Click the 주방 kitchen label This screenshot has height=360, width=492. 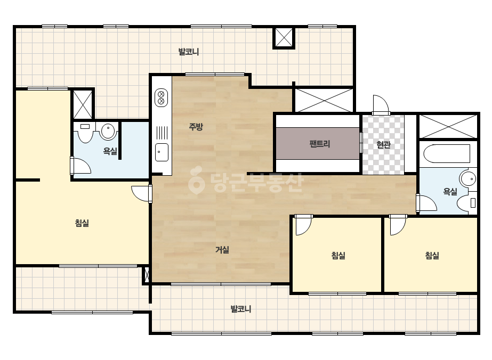coord(196,127)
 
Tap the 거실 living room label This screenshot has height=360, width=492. coord(222,250)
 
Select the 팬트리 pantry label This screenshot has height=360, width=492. coord(319,144)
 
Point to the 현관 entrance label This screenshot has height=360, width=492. coord(383,144)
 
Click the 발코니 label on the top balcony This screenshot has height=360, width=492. coord(189,52)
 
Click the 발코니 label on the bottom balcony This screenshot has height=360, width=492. coord(240,309)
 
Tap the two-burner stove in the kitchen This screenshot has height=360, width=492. coord(162,97)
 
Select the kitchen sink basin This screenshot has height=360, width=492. coord(162,152)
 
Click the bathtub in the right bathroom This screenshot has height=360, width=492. coord(447,154)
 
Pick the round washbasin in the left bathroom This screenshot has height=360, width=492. coord(108,131)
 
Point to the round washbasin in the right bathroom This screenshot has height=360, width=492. coord(468,179)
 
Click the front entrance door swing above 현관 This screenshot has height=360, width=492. coord(381,104)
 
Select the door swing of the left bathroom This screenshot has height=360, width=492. coord(80,165)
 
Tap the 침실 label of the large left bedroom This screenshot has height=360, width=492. coord(82,223)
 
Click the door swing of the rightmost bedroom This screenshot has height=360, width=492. coord(398,225)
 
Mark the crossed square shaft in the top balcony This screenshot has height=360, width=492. coord(284,38)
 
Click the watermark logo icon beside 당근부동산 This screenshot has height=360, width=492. coord(196,181)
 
